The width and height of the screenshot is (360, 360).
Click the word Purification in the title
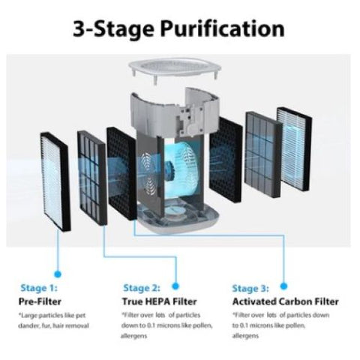coord(223,29)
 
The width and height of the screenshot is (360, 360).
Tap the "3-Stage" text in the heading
coord(113,29)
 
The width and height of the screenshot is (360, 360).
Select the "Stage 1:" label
coord(39,288)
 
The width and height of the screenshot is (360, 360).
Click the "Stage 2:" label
coord(142,288)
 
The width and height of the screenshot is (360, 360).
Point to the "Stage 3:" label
coord(250,288)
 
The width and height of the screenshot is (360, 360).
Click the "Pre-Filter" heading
coord(40,301)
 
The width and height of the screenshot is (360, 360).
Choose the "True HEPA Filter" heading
coord(160,301)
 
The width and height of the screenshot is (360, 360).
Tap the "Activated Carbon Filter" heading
coord(286,301)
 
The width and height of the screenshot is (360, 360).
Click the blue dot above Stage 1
coord(58,274)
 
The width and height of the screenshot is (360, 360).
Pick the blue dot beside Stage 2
coord(175,286)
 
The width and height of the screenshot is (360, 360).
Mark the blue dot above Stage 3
coord(283,286)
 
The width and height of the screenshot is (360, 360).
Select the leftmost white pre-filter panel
coord(55,181)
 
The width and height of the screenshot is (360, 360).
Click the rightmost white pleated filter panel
coord(295,149)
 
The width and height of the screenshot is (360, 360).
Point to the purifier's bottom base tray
coord(178,215)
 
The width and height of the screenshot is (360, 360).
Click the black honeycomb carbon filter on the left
coord(121,174)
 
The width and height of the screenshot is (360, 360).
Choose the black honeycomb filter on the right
coord(226,160)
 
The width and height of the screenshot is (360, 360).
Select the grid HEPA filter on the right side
coord(264,154)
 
